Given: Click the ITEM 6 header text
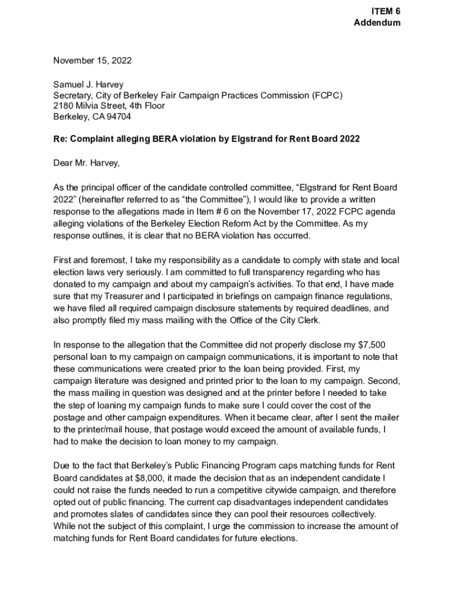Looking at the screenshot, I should (386, 12).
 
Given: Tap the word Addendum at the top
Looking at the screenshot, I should (377, 23).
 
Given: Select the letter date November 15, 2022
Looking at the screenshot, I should (93, 60).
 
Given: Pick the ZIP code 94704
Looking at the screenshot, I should (119, 117).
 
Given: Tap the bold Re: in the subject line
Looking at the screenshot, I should (60, 139).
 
